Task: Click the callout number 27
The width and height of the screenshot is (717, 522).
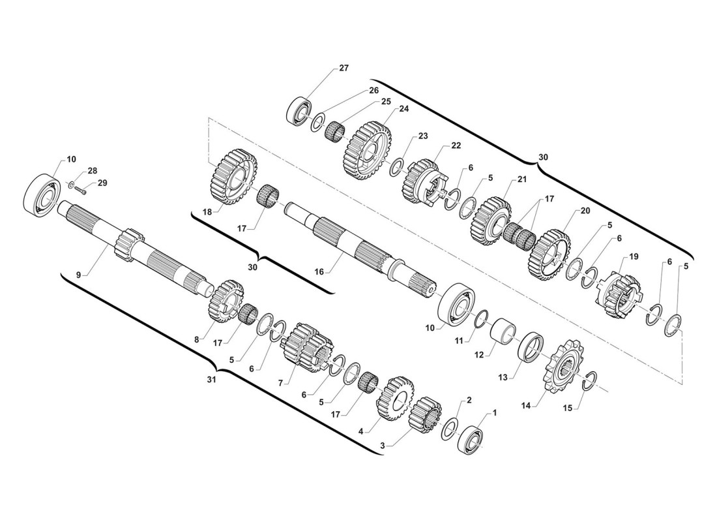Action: pyautogui.click(x=344, y=69)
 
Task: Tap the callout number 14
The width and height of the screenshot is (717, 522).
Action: pyautogui.click(x=526, y=406)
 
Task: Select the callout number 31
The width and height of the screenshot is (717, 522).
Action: pyautogui.click(x=211, y=380)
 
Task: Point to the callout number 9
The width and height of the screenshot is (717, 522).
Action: pyautogui.click(x=79, y=275)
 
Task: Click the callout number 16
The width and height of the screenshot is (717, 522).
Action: pyautogui.click(x=319, y=272)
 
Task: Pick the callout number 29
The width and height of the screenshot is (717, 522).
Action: pyautogui.click(x=102, y=183)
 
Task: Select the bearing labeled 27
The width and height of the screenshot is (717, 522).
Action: pyautogui.click(x=299, y=110)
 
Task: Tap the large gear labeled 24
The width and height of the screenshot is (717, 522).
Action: pyautogui.click(x=368, y=149)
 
